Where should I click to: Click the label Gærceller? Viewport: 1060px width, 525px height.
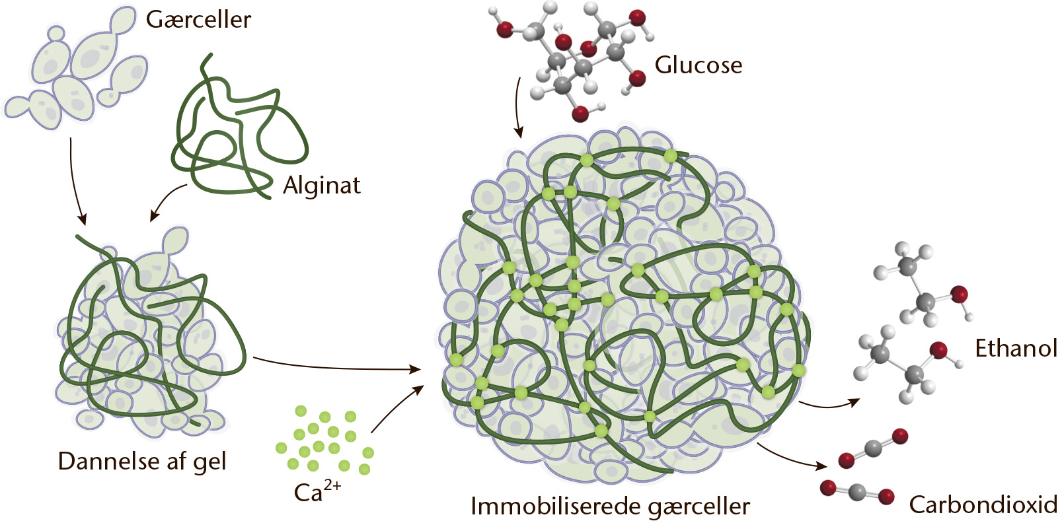point(198,20)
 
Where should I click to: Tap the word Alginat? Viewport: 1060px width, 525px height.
point(322,186)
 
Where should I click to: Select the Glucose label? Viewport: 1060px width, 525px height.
point(699,65)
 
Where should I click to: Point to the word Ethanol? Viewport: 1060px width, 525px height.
point(1016,349)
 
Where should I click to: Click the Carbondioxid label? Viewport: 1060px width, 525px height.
point(983,505)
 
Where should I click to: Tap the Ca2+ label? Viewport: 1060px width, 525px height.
point(317,491)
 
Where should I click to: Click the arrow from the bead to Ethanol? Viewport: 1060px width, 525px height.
point(829,405)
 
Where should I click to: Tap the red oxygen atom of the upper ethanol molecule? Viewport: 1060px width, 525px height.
point(959,294)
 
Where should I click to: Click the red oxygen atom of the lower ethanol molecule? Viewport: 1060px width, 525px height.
point(938,351)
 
